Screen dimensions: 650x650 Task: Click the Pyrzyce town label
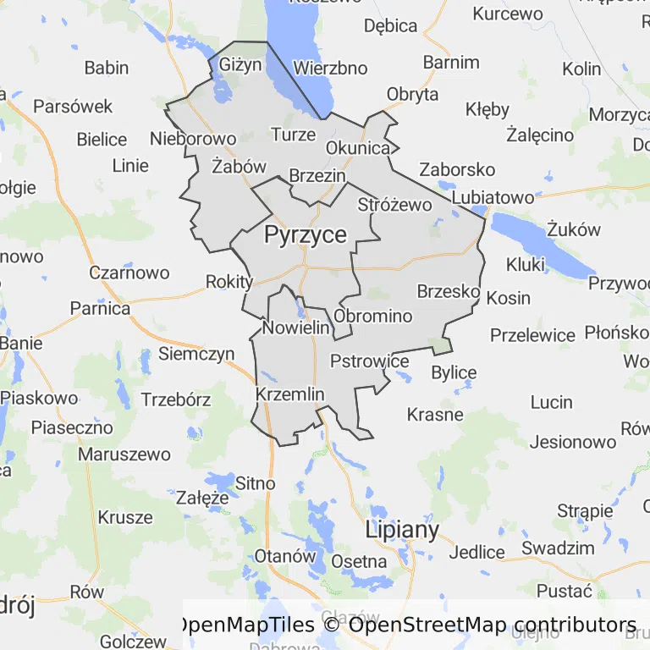pyautogui.click(x=306, y=234)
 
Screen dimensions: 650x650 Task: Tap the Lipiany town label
pyautogui.click(x=402, y=531)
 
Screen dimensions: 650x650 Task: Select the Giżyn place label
pyautogui.click(x=241, y=64)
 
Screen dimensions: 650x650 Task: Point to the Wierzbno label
pyautogui.click(x=330, y=68)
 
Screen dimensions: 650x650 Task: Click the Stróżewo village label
pyautogui.click(x=394, y=204)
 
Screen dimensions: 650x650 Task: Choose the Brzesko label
pyautogui.click(x=449, y=291)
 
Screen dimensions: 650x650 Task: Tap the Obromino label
pyautogui.click(x=373, y=317)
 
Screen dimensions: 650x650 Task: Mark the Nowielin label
pyautogui.click(x=295, y=328)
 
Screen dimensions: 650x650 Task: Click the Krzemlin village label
pyautogui.click(x=289, y=394)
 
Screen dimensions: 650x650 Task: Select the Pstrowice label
pyautogui.click(x=369, y=361)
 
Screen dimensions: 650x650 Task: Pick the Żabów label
pyautogui.click(x=240, y=167)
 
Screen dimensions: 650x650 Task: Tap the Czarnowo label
pyautogui.click(x=129, y=273)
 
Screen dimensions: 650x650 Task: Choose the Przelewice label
pyautogui.click(x=532, y=334)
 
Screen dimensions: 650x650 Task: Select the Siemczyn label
pyautogui.click(x=196, y=354)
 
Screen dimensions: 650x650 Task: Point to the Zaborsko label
pyautogui.click(x=457, y=169)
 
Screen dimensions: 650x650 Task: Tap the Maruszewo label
pyautogui.click(x=124, y=454)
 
